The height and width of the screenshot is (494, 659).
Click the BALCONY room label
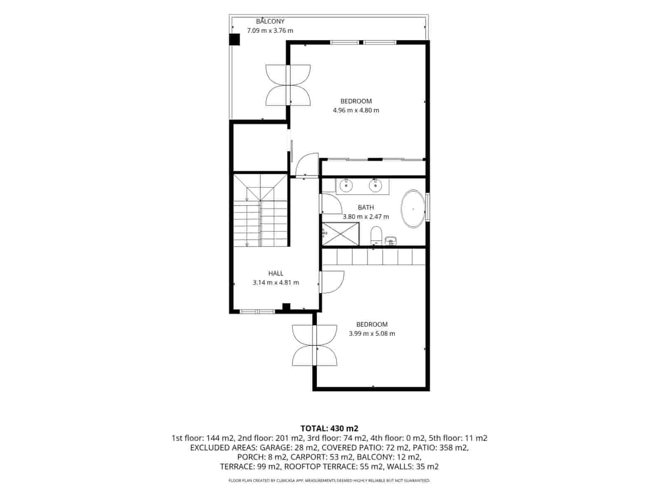tap(270, 21)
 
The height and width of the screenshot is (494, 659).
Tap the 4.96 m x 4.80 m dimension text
tap(356, 110)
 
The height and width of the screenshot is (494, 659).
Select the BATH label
tap(366, 207)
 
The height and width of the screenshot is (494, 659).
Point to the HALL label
tap(276, 273)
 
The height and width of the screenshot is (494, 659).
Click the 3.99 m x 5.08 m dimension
tap(372, 333)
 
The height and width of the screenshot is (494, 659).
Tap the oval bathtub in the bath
tap(413, 209)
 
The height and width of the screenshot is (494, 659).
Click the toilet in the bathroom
tap(376, 236)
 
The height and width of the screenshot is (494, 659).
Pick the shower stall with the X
tap(341, 234)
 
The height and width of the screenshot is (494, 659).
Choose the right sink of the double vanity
tap(375, 185)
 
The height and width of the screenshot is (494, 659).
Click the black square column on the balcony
tap(234, 40)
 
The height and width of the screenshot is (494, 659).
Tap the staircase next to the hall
tap(260, 210)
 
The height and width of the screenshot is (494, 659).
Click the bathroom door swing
tap(332, 204)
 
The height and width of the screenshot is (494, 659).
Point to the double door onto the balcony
tap(288, 85)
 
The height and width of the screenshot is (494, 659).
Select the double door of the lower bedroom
tap(314, 345)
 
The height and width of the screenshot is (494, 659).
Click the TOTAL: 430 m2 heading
tap(329, 428)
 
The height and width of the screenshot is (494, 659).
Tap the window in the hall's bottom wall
tap(257, 312)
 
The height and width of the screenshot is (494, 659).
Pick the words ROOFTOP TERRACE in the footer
tap(319, 467)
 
